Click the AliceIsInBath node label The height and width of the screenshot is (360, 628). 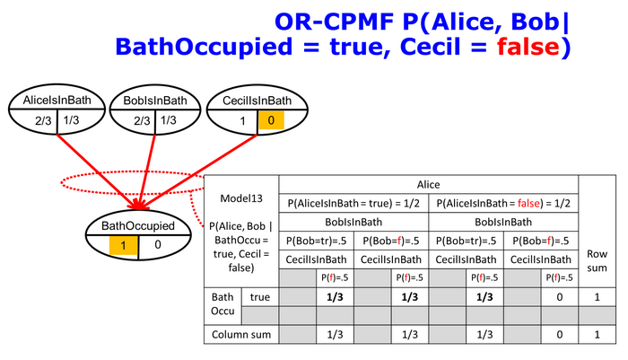[x=57, y=100]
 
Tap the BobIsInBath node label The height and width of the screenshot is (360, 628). [x=155, y=101]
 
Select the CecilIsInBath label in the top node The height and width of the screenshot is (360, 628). [x=257, y=101]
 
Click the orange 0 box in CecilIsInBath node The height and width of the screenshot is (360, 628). [x=271, y=120]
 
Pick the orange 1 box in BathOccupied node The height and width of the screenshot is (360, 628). [x=124, y=245]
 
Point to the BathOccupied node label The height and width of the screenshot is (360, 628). [x=138, y=225]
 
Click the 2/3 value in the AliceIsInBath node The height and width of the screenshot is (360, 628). [x=43, y=120]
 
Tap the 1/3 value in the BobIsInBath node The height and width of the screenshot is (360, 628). [x=169, y=120]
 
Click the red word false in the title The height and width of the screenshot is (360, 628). [x=528, y=47]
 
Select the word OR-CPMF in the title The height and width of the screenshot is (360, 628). [x=334, y=22]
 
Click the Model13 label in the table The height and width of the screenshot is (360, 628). [x=241, y=198]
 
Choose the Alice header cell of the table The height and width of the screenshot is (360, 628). [x=428, y=184]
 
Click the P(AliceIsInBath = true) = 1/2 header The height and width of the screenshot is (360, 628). [x=353, y=203]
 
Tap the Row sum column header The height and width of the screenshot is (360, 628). [x=597, y=260]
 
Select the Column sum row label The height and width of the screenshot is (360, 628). [x=241, y=335]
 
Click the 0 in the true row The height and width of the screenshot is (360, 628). [x=560, y=297]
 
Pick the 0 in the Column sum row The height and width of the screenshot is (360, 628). [x=560, y=335]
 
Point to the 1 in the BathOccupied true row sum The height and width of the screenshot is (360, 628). [x=597, y=297]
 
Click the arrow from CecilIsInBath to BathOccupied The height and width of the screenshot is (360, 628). [x=199, y=172]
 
